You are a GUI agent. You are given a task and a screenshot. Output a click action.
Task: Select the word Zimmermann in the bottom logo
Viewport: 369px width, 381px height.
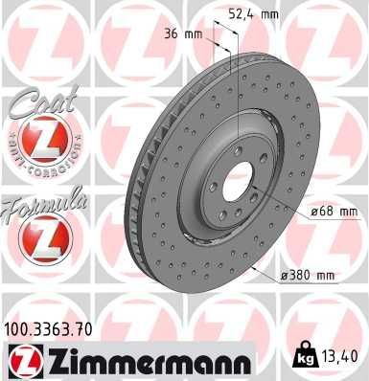[x=145, y=362]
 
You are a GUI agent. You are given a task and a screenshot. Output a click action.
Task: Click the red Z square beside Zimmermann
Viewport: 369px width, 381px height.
[x=20, y=362]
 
